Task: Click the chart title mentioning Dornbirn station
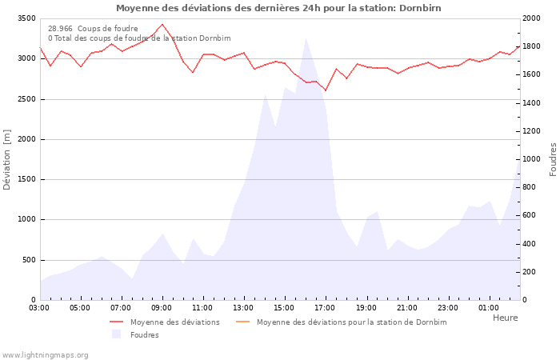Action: pyautogui.click(x=278, y=8)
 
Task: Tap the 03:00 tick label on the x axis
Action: pyautogui.click(x=40, y=307)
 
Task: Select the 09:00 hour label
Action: pyautogui.click(x=162, y=307)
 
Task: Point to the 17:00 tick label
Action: pyautogui.click(x=326, y=307)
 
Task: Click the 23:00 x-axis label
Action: pyautogui.click(x=448, y=307)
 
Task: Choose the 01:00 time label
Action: pyautogui.click(x=489, y=307)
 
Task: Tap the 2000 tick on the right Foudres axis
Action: pyautogui.click(x=530, y=18)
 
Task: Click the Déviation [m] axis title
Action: pyautogui.click(x=7, y=159)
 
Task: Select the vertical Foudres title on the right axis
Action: pyautogui.click(x=553, y=159)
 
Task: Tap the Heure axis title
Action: pyautogui.click(x=505, y=318)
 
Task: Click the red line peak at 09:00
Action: pyautogui.click(x=162, y=24)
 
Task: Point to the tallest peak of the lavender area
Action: pyautogui.click(x=306, y=38)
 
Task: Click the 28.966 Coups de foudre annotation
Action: pyautogui.click(x=93, y=28)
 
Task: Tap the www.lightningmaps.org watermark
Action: pyautogui.click(x=45, y=354)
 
